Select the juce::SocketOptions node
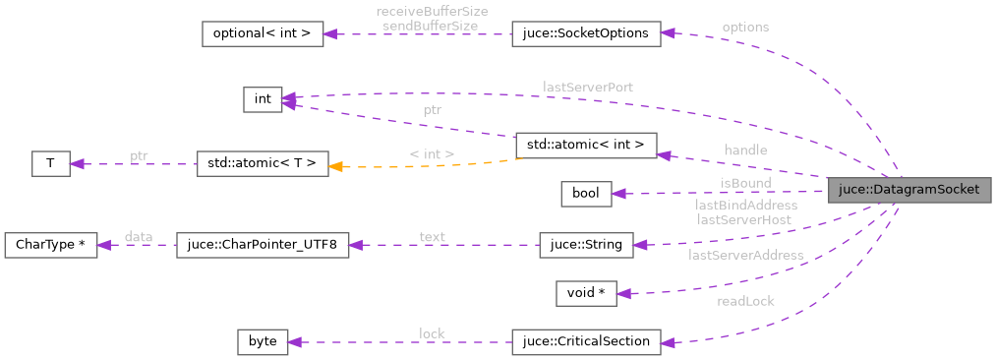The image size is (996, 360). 585,33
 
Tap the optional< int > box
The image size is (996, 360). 262,33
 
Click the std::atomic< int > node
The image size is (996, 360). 585,145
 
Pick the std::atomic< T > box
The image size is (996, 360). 262,164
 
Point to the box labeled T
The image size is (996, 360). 50,164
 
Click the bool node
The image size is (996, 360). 586,194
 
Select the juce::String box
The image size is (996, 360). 586,245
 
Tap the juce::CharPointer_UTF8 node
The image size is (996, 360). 262,245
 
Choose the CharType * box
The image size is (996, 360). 50,245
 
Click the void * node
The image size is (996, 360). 586,293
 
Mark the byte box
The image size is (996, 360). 263,342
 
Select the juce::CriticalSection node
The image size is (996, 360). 585,342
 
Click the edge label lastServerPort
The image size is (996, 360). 587,88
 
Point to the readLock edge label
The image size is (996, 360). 745,302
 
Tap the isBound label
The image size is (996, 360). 744,183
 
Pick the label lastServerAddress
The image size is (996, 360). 745,255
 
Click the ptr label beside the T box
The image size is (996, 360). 139,156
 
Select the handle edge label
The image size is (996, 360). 744,150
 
